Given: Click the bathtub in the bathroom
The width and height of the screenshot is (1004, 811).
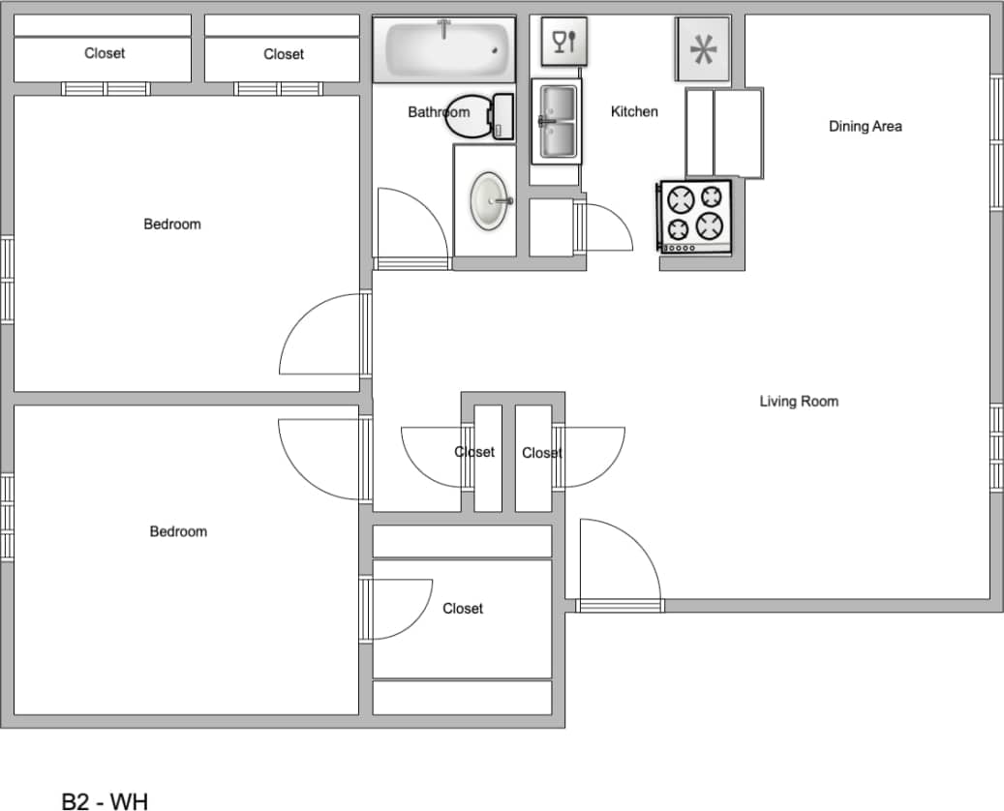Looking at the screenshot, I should pos(446,47).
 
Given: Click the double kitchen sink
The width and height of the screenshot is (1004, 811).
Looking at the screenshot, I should pos(557,122).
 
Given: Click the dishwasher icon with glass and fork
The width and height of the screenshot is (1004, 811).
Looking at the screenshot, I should pos(563,41).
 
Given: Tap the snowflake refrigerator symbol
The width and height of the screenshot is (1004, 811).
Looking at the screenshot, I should pos(703,48).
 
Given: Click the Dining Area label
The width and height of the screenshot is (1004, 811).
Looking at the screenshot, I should pos(865,126).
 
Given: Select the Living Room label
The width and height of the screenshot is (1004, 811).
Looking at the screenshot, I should pos(799,401).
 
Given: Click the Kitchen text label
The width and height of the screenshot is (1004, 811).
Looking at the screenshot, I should pos(634,111).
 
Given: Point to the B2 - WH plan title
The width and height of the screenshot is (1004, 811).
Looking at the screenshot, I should pos(105,801).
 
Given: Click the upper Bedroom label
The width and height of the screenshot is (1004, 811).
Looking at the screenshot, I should pos(172,224).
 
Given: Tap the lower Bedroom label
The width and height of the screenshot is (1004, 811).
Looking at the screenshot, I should pos(178,531).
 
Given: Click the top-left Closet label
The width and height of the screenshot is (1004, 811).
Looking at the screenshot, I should pos(105,53).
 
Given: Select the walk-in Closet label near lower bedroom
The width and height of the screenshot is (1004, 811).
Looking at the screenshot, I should pos(463,608).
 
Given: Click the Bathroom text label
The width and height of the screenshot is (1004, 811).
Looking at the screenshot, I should pos(439,112).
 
